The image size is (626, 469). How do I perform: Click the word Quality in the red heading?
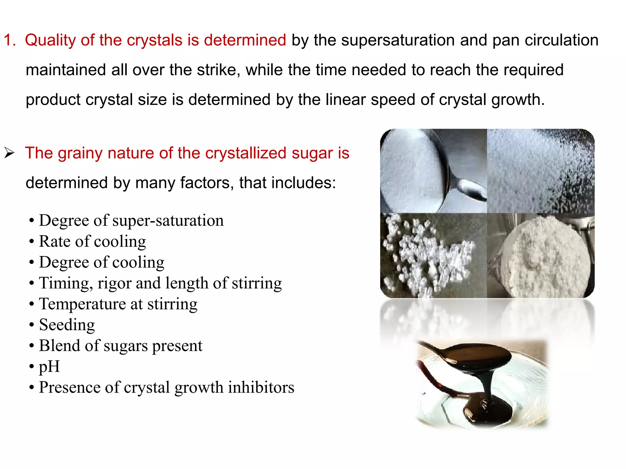pyautogui.click(x=50, y=40)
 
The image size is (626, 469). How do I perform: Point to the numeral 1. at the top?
pyautogui.click(x=9, y=40)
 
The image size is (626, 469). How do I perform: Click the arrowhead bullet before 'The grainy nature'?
pyautogui.click(x=9, y=153)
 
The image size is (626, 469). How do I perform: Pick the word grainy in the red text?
pyautogui.click(x=80, y=153)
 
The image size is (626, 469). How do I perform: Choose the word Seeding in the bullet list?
pyautogui.click(x=67, y=324)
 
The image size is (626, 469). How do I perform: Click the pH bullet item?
pyautogui.click(x=49, y=366)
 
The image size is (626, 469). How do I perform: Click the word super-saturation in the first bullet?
pyautogui.click(x=168, y=220)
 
